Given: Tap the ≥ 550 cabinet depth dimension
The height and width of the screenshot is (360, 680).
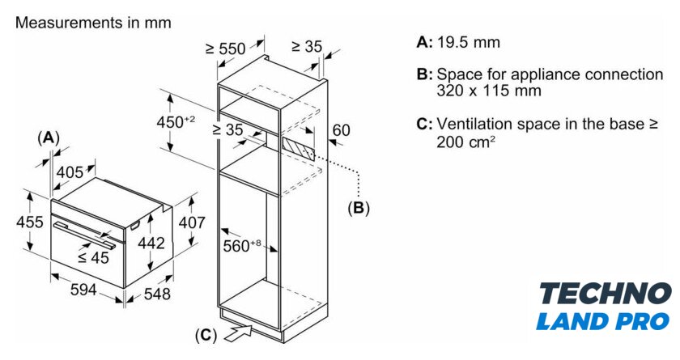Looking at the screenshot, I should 224,49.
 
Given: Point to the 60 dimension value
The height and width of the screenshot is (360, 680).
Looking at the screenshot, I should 341,129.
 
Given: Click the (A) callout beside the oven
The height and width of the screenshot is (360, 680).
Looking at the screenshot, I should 49,138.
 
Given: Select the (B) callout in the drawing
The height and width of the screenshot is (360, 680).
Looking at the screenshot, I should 358,208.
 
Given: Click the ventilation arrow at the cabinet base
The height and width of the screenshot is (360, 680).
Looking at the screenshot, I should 244,329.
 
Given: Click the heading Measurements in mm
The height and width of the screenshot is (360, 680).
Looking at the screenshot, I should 93,23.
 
